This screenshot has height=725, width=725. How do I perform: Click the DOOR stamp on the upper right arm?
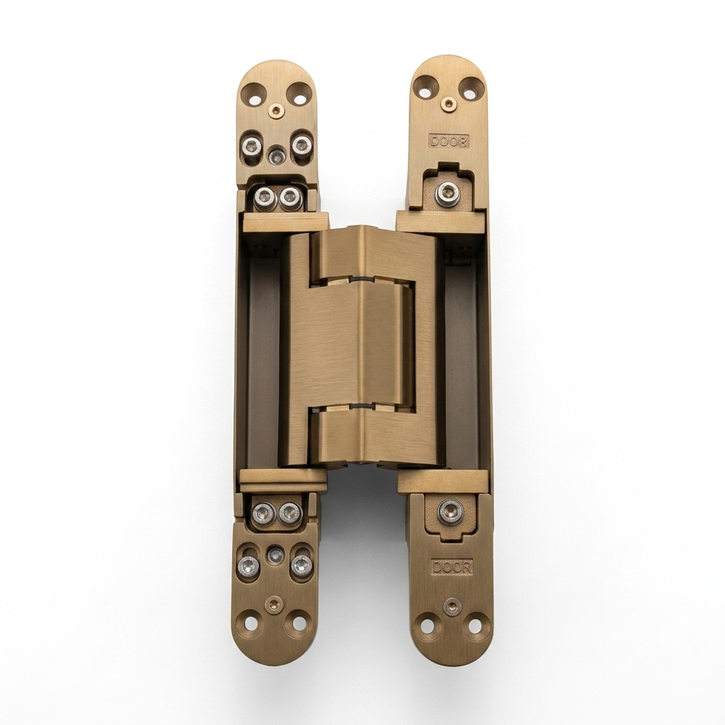tap(449, 141)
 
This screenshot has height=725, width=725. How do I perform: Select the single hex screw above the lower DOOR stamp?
tap(450, 511)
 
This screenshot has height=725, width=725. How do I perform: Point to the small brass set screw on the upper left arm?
tap(276, 110)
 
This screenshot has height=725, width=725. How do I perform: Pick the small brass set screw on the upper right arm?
tap(447, 104)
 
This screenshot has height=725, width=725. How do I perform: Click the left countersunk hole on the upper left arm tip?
tap(253, 98)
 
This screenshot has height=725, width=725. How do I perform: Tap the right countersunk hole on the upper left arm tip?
tap(299, 98)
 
